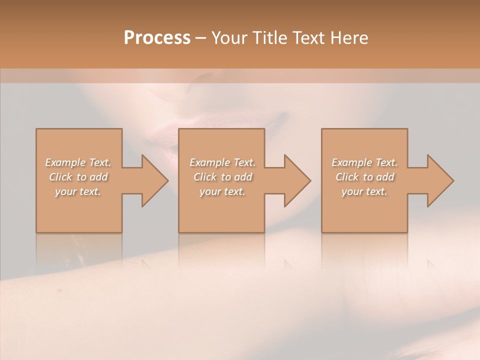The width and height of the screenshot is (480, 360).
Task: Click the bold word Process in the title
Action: [x=157, y=38]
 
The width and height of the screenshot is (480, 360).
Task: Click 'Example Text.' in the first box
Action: [x=78, y=162]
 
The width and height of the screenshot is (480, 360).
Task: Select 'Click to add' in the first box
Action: [x=78, y=177]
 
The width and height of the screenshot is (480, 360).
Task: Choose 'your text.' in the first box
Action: [x=78, y=191]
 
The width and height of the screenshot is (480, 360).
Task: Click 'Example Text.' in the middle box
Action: [x=222, y=162]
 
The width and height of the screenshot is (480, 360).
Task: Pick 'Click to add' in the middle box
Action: [x=222, y=177]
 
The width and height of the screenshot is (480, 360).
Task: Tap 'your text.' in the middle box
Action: [x=222, y=191]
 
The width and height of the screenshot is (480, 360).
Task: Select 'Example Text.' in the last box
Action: [x=364, y=162]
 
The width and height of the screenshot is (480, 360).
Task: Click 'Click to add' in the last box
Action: [x=364, y=177]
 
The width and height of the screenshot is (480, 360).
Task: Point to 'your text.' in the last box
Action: [x=364, y=191]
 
